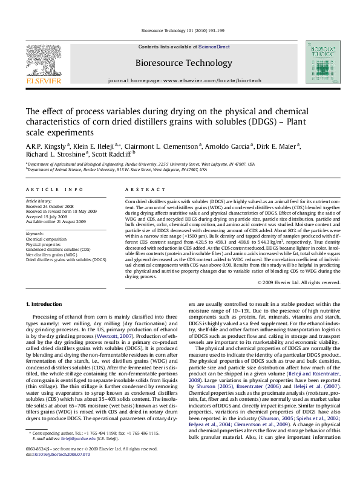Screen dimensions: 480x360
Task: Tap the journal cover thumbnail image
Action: point(320,62)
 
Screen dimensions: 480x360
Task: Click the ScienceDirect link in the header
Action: point(214,46)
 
